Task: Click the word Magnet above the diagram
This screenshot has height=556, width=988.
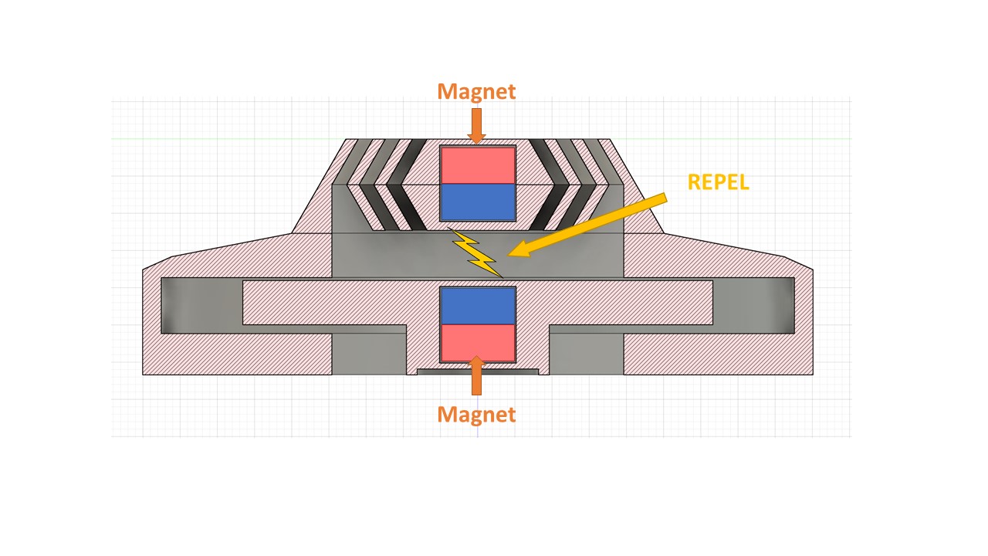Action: [x=476, y=91]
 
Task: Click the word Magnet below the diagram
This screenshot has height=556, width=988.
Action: [x=476, y=414]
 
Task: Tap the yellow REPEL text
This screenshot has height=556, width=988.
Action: [x=718, y=182]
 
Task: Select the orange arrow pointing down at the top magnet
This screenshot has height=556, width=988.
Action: [x=476, y=125]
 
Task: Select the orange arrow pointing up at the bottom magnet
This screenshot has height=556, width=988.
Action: [x=476, y=378]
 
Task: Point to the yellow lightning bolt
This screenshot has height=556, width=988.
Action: [x=476, y=253]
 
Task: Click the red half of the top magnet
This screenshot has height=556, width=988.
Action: [x=477, y=164]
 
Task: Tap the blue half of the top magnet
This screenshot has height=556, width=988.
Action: [x=477, y=202]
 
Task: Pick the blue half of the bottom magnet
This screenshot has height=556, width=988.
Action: [x=477, y=305]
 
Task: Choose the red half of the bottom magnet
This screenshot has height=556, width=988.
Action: [x=477, y=342]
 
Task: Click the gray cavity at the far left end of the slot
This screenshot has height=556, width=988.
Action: [x=201, y=305]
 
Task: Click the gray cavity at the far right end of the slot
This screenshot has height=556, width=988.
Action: [x=753, y=305]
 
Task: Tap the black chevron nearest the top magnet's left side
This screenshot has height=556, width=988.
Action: [x=408, y=185]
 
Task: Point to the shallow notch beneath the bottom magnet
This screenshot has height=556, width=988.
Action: [x=477, y=371]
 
